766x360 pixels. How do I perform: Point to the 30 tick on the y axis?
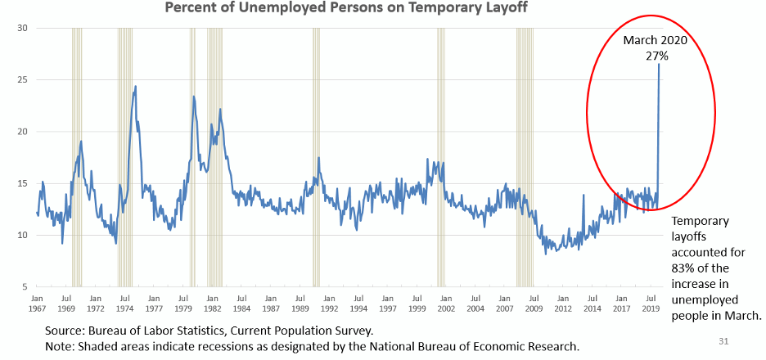click(x=23, y=28)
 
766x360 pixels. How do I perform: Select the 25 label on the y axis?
click(x=23, y=79)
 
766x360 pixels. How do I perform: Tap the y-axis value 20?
click(x=23, y=132)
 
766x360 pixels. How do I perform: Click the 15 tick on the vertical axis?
click(x=23, y=183)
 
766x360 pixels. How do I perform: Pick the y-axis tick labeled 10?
click(x=23, y=235)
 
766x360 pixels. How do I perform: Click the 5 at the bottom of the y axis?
click(x=25, y=286)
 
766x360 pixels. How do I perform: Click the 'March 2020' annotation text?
click(x=654, y=41)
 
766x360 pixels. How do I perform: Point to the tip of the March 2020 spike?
click(x=659, y=65)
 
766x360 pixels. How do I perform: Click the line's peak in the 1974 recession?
click(x=135, y=86)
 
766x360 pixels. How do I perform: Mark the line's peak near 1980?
click(x=194, y=97)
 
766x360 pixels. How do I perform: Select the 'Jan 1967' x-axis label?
click(x=37, y=304)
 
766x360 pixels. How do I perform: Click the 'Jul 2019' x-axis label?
click(x=651, y=304)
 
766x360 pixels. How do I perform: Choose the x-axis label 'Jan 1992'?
click(x=329, y=304)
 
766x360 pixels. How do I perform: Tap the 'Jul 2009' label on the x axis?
click(x=534, y=304)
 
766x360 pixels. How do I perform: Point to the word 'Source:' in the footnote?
click(x=67, y=331)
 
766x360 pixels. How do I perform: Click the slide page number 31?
click(x=723, y=340)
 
